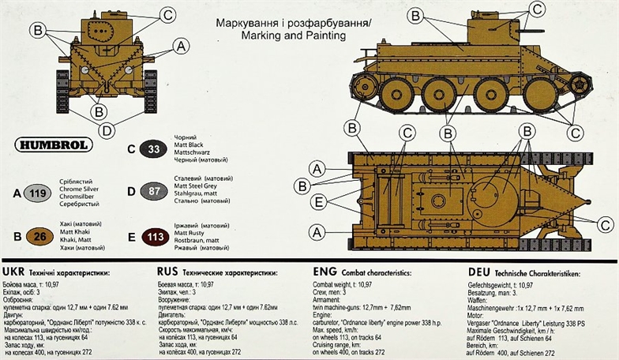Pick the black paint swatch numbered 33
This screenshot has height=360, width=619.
point(153,148)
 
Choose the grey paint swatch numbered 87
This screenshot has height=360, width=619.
point(153,191)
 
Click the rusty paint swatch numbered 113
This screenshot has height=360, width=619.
point(153,235)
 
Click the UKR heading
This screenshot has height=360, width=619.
point(17,272)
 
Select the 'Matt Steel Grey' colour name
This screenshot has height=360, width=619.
point(198,189)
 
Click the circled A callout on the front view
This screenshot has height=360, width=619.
point(180,47)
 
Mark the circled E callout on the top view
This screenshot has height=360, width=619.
point(317,202)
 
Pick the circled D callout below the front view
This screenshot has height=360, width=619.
point(107,130)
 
